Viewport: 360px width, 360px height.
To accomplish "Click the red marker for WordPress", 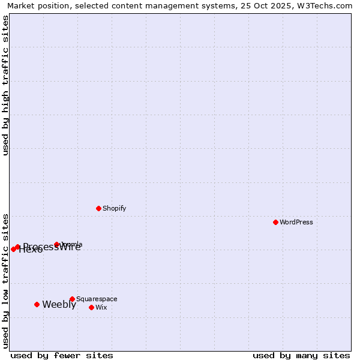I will [x=275, y=222].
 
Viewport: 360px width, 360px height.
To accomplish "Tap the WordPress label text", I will [x=296, y=222].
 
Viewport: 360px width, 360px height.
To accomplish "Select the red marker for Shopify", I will [x=98, y=208].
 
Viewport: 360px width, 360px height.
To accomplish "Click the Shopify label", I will [x=114, y=208].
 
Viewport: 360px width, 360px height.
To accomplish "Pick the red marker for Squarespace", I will [x=72, y=299].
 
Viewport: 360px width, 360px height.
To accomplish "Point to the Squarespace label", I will [x=97, y=299].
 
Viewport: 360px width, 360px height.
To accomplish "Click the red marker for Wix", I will [x=91, y=307].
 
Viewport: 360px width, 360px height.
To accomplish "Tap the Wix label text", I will [x=101, y=307].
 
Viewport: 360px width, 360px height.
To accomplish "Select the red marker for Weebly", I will [x=37, y=304].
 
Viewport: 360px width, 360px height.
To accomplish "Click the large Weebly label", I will [x=59, y=304].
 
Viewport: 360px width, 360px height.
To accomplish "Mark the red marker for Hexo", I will [x=13, y=249].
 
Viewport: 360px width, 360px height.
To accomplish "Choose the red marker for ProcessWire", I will [x=18, y=247].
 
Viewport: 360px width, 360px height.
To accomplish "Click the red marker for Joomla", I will [x=57, y=244].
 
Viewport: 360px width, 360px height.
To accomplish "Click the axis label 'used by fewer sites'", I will [x=62, y=355].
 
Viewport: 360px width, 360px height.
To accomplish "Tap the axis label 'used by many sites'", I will [x=301, y=355].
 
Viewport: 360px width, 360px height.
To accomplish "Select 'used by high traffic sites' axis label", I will [x=6, y=85].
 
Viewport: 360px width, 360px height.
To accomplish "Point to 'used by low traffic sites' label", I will [x=6, y=280].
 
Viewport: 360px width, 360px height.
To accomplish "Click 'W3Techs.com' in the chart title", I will [x=323, y=5].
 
